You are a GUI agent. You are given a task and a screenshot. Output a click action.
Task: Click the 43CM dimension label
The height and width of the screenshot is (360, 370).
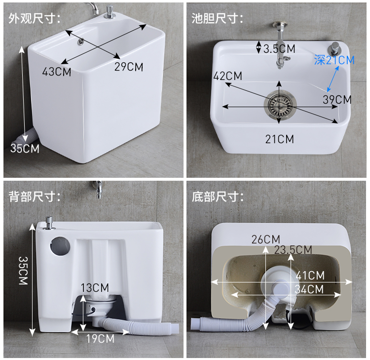coord(57,72)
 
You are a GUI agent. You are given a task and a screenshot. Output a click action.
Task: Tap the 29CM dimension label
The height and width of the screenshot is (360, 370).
coord(129,67)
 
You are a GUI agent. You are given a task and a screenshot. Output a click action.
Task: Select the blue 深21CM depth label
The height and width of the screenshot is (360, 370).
coord(334,60)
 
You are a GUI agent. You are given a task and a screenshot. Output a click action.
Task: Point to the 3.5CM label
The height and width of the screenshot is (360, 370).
coord(279,49)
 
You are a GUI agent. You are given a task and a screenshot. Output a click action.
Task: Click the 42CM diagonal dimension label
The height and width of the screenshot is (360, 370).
coord(228,76)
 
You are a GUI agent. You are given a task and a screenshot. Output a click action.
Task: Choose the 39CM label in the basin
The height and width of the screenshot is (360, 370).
coord(337,99)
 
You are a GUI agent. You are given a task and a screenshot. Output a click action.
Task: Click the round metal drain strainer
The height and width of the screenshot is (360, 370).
coord(280,104)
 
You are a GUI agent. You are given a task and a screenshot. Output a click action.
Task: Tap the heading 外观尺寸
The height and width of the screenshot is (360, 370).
coord(35,18)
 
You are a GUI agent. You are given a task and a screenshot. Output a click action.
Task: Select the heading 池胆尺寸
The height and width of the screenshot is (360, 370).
coord(218,18)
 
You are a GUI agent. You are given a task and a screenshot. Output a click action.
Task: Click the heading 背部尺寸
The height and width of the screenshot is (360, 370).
coord(35,197)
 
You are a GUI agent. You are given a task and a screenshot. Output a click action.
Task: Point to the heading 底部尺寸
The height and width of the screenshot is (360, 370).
coord(218,197)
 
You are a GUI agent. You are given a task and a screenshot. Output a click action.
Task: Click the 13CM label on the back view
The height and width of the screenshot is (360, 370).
coord(95,288)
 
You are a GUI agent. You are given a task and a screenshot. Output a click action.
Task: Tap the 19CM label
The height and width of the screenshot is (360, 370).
coord(100,338)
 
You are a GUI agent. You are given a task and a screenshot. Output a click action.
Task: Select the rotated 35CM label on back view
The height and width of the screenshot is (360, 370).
coord(23,271)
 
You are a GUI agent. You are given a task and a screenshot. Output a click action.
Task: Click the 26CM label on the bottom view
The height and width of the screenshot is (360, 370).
coord(266,240)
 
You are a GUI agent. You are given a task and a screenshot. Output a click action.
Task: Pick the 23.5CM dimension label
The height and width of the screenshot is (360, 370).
coord(293,250)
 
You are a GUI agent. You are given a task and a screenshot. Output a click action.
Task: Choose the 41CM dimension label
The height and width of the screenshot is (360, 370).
coord(310,276)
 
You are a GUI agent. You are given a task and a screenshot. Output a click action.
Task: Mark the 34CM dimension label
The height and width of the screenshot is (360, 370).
coord(309,289)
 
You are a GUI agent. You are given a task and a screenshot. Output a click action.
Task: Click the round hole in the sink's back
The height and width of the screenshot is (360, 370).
coord(60,246)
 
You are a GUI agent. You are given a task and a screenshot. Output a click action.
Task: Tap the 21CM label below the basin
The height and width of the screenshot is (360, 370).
coord(280,139)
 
